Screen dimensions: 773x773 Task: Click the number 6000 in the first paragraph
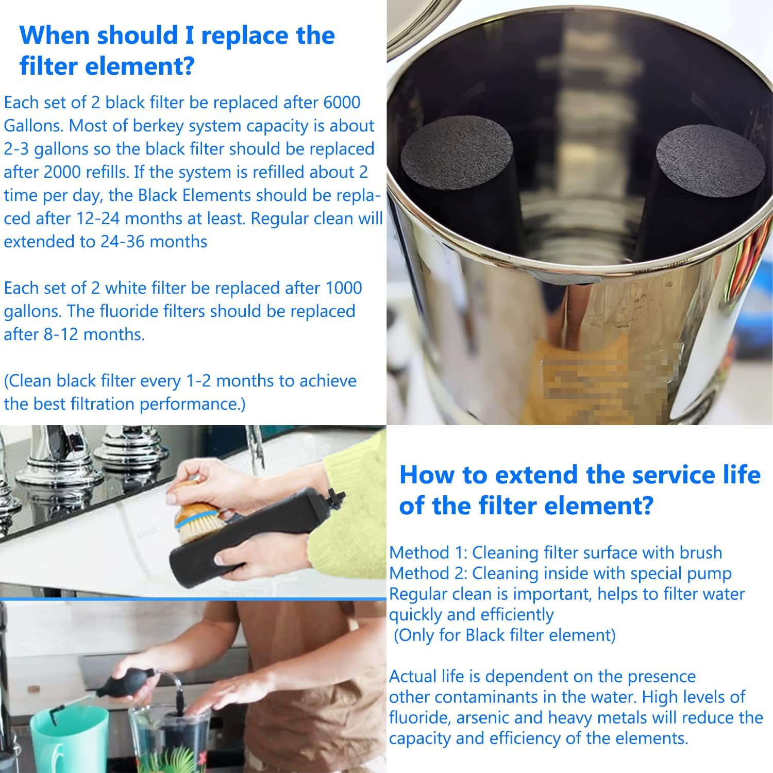point(342,102)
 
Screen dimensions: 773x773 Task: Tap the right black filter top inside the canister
point(710,154)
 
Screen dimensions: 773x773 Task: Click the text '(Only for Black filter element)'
point(505,635)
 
